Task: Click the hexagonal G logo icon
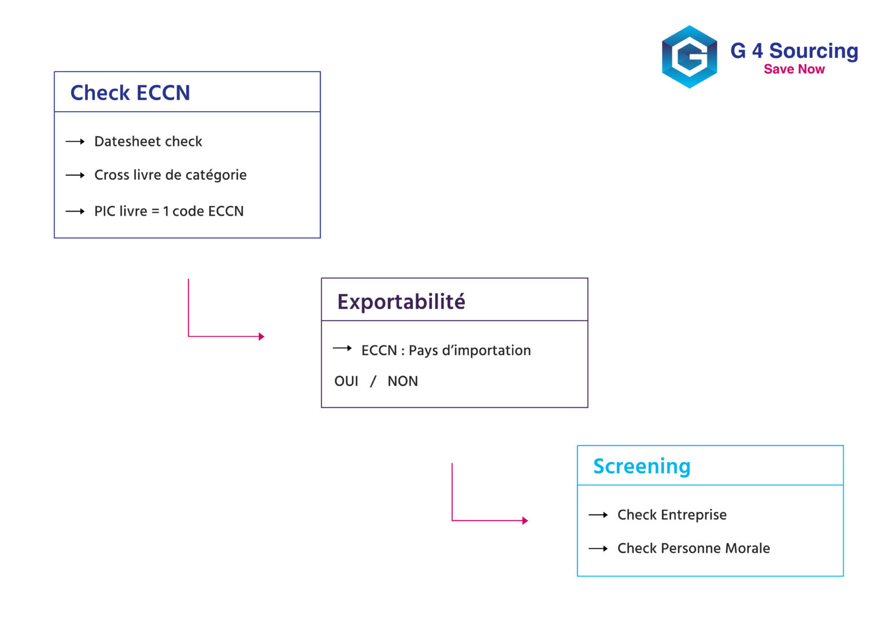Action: coord(689,57)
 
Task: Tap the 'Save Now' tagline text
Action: coord(794,69)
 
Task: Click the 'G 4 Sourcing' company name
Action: coord(794,51)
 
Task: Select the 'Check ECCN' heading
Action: coord(130,93)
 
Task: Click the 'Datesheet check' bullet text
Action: coord(148,142)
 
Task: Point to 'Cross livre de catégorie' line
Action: coord(170,175)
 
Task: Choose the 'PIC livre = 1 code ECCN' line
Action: coord(169,212)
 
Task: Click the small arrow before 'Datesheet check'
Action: coord(75,142)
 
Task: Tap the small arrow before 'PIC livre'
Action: coord(75,212)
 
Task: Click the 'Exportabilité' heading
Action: coord(401,301)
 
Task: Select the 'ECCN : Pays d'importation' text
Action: coord(446,351)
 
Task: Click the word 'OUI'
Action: coord(346,381)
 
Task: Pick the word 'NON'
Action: coord(402,381)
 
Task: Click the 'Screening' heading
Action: coord(642,466)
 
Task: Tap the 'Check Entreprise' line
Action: coord(672,515)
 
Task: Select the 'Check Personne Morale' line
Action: coord(693,548)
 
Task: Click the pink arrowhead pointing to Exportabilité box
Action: coord(261,336)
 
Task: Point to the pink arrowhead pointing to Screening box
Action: coord(525,521)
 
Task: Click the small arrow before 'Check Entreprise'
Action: coord(598,515)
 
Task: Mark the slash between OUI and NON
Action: coord(373,381)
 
